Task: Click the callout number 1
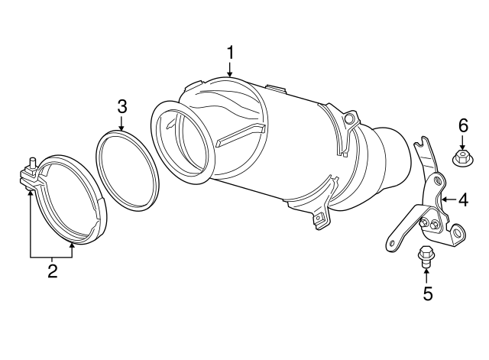[x=230, y=53]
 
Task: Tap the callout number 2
[x=52, y=270]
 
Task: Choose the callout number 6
[x=462, y=125]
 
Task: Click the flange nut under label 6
[x=462, y=159]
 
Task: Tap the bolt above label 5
[x=426, y=255]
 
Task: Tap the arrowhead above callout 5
[x=427, y=270]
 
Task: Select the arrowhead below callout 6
[x=462, y=148]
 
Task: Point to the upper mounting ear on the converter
[x=350, y=121]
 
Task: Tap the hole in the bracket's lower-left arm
[x=392, y=243]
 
